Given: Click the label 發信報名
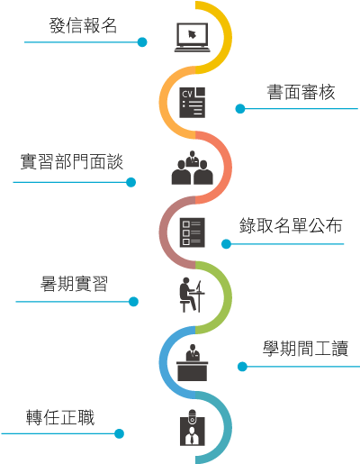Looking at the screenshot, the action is [x=83, y=25].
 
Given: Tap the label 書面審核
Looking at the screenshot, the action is [x=301, y=92].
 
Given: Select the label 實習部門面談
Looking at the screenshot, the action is [x=72, y=161].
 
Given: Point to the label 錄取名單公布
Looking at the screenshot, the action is [x=291, y=225].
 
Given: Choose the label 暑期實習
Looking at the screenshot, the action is [x=74, y=284].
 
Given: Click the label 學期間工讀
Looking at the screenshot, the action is [x=305, y=349].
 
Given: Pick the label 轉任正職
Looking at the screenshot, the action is [x=60, y=417].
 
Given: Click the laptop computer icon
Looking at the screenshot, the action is [x=193, y=38].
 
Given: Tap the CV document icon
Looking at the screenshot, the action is [x=193, y=103].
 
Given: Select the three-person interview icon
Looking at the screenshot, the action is [x=193, y=168].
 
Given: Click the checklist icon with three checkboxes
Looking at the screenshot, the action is [x=193, y=232].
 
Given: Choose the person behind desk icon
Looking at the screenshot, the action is [x=193, y=362].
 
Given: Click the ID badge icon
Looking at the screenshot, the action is [x=193, y=428].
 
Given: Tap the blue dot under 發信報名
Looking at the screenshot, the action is [x=142, y=42].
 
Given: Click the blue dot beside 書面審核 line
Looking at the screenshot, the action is [x=240, y=109].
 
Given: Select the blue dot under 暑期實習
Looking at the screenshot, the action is [x=133, y=302].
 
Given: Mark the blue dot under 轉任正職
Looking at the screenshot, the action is [x=119, y=433].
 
